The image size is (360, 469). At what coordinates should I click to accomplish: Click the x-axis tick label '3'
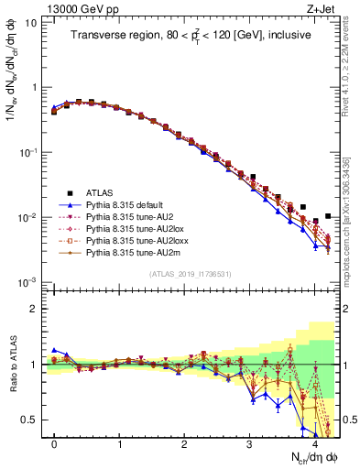[x=249, y=443]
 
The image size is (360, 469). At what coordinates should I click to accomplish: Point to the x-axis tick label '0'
[x=54, y=443]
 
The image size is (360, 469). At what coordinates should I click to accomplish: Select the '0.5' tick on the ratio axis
[x=29, y=420]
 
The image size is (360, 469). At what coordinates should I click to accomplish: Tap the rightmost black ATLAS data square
[x=328, y=216]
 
